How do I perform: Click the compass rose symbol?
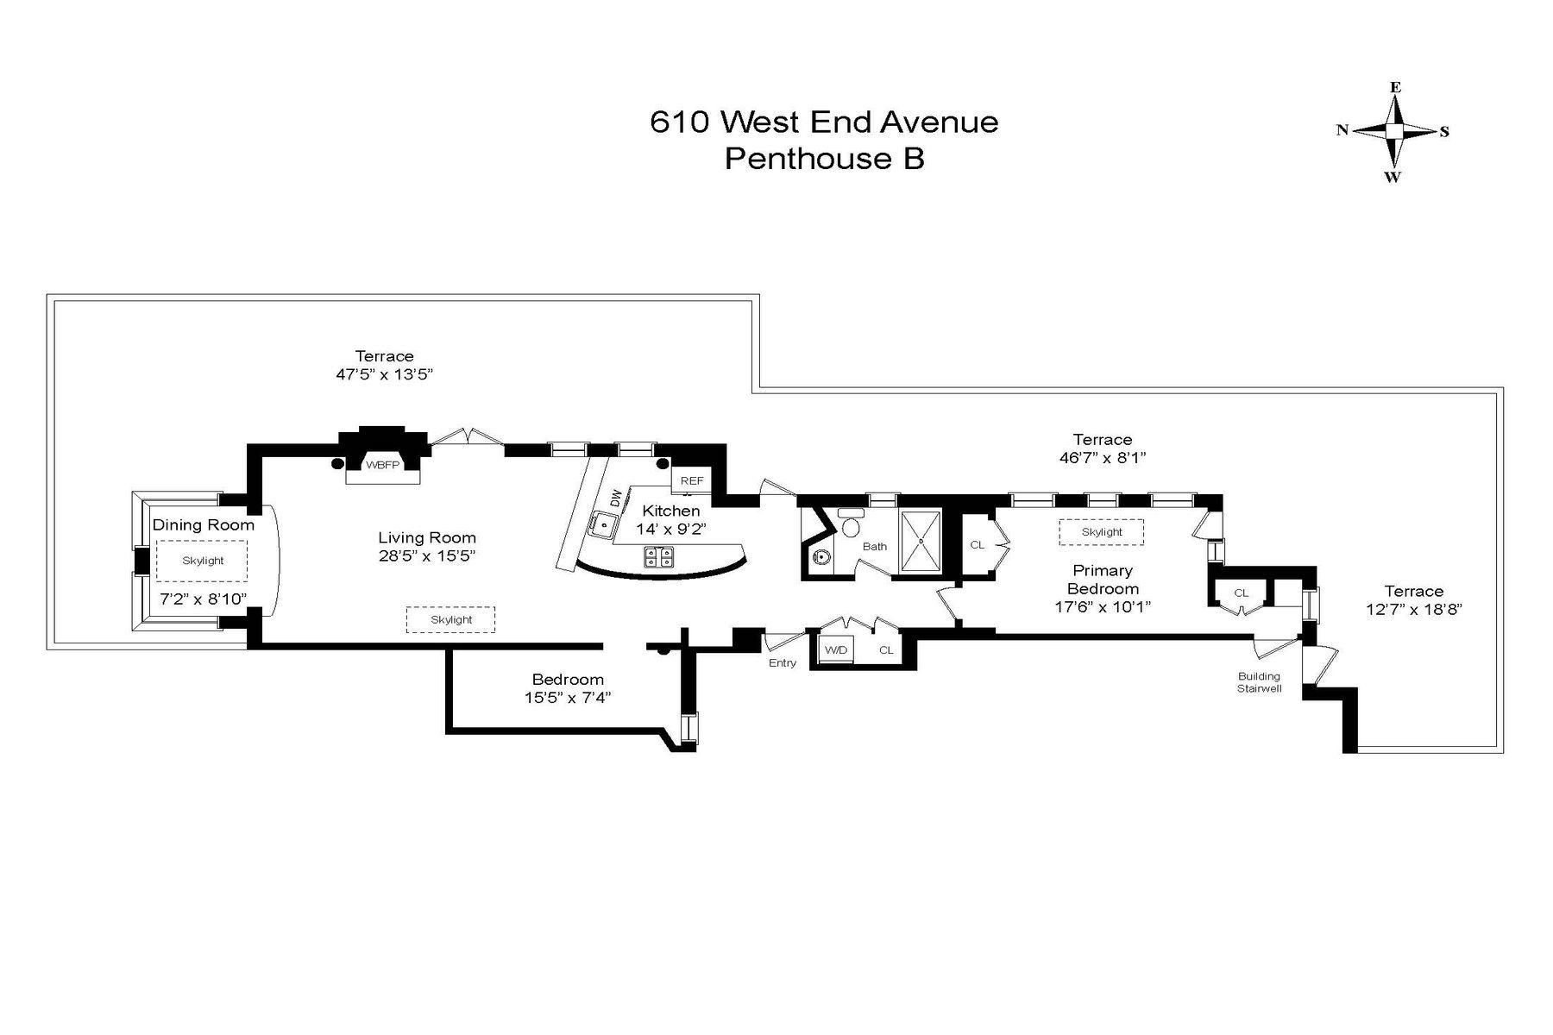click(1393, 131)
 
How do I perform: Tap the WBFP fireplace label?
click(382, 465)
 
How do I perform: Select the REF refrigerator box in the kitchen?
click(692, 480)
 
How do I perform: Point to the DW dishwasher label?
click(615, 498)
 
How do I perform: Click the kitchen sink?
click(603, 524)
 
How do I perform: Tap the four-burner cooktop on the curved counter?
click(659, 557)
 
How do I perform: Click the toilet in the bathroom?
click(851, 525)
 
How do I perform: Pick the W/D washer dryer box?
click(835, 649)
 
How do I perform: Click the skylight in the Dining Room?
click(202, 561)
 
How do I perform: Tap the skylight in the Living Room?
click(450, 619)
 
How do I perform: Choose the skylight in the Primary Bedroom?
click(1102, 532)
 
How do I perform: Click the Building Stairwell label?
click(1259, 682)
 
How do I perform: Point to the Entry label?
click(783, 662)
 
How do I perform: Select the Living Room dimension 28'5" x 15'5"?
click(427, 556)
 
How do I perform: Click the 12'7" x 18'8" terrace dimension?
click(1413, 609)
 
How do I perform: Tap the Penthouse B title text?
click(824, 159)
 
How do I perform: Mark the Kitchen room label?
click(670, 511)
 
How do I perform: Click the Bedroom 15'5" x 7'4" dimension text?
click(567, 698)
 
